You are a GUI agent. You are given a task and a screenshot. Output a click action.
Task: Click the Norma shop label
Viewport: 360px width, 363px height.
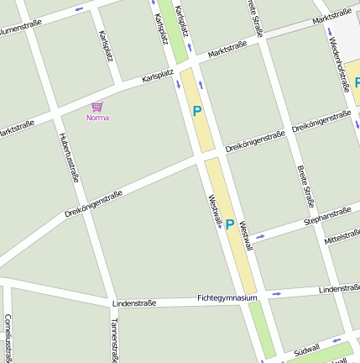pyautogui.click(x=97, y=118)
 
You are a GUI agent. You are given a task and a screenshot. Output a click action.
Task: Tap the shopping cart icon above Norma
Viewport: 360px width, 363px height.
pyautogui.click(x=97, y=107)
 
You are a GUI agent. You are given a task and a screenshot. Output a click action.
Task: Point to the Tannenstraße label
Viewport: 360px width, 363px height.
pyautogui.click(x=114, y=339)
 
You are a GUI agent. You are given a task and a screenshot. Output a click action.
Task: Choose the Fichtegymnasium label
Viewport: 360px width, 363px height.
pyautogui.click(x=227, y=297)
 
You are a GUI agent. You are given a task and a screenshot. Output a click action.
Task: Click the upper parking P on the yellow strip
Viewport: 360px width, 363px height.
pyautogui.click(x=198, y=110)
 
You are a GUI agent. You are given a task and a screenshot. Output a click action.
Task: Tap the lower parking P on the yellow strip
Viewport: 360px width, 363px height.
pyautogui.click(x=229, y=224)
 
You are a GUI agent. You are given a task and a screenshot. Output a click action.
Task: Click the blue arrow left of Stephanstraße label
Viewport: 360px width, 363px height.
pyautogui.click(x=260, y=236)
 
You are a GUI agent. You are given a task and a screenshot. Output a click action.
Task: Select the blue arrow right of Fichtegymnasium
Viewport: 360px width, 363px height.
pyautogui.click(x=276, y=294)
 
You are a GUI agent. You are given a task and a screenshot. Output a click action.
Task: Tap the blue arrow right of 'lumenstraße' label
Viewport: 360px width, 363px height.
pyautogui.click(x=78, y=9)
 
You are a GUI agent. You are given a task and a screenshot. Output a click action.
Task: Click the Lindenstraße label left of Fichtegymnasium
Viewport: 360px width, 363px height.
pyautogui.click(x=134, y=302)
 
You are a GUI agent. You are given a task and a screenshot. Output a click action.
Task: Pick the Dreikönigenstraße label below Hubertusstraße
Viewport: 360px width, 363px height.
pyautogui.click(x=93, y=204)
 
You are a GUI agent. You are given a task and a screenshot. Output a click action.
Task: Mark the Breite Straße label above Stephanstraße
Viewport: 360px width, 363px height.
pyautogui.click(x=305, y=186)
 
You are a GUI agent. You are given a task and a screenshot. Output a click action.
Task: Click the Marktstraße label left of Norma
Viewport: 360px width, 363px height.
pyautogui.click(x=17, y=130)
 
